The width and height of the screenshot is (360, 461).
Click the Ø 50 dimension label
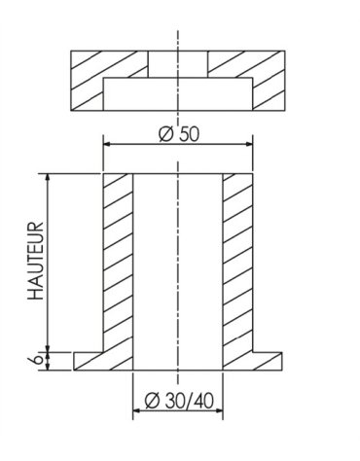(179, 134)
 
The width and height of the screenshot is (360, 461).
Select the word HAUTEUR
(36, 261)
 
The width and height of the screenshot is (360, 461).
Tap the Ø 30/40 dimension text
(179, 401)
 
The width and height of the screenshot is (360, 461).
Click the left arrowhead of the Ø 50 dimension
(108, 144)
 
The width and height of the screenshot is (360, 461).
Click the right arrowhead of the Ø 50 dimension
(248, 144)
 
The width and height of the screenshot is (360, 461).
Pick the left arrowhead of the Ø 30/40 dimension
(137, 410)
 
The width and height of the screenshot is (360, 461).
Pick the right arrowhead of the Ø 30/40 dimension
(219, 410)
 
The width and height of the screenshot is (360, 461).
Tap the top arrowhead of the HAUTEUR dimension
(48, 178)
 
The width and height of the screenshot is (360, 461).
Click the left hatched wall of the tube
(118, 263)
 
